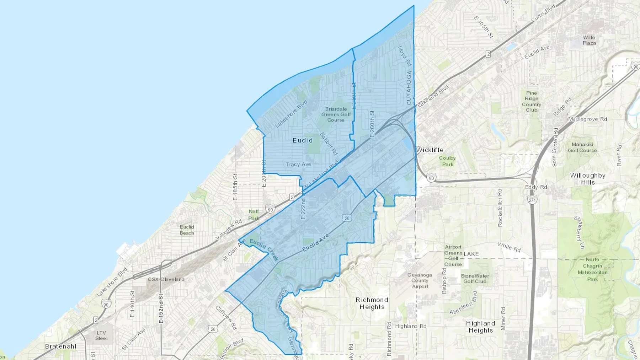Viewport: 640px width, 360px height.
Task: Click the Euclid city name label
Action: (303, 140)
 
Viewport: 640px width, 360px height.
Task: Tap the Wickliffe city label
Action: (430, 150)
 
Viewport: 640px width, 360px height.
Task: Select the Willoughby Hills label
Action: (587, 179)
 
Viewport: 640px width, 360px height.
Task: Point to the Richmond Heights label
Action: (372, 303)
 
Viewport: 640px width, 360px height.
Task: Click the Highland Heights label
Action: (480, 327)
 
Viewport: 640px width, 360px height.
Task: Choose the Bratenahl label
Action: (61, 346)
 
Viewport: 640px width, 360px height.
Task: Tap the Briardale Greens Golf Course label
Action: (336, 114)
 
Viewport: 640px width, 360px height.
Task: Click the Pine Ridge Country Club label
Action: (532, 101)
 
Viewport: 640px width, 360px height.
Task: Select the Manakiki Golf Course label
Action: (582, 147)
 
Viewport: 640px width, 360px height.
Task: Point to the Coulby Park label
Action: (447, 161)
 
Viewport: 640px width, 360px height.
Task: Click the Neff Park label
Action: (254, 215)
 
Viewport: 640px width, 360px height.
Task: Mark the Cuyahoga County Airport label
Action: (420, 281)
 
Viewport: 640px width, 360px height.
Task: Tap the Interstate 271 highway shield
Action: (532, 200)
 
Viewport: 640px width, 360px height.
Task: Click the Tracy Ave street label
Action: (298, 164)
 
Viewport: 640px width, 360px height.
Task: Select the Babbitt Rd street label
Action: (328, 144)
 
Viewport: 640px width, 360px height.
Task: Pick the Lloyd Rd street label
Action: (405, 56)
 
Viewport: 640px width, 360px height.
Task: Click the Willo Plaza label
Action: (589, 40)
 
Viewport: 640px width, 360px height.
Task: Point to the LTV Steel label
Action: (101, 335)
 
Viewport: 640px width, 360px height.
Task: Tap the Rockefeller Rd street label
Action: (500, 208)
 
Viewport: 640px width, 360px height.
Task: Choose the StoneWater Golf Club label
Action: (475, 279)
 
